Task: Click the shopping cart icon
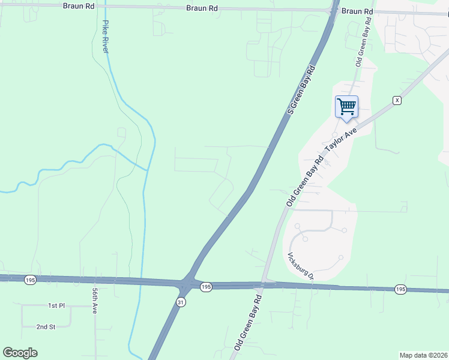point(346,107)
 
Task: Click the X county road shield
point(396,100)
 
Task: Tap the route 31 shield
point(181,302)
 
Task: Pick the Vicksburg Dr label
point(300,266)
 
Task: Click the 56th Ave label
point(95,301)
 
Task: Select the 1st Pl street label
point(56,306)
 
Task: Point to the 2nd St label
point(46,327)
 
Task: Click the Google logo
point(20,353)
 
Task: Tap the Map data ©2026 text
point(423,355)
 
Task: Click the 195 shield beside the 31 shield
point(206,287)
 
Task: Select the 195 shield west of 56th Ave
point(30,280)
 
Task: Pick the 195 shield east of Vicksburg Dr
point(400,290)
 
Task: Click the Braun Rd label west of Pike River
point(79,5)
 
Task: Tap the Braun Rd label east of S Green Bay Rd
point(358,11)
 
